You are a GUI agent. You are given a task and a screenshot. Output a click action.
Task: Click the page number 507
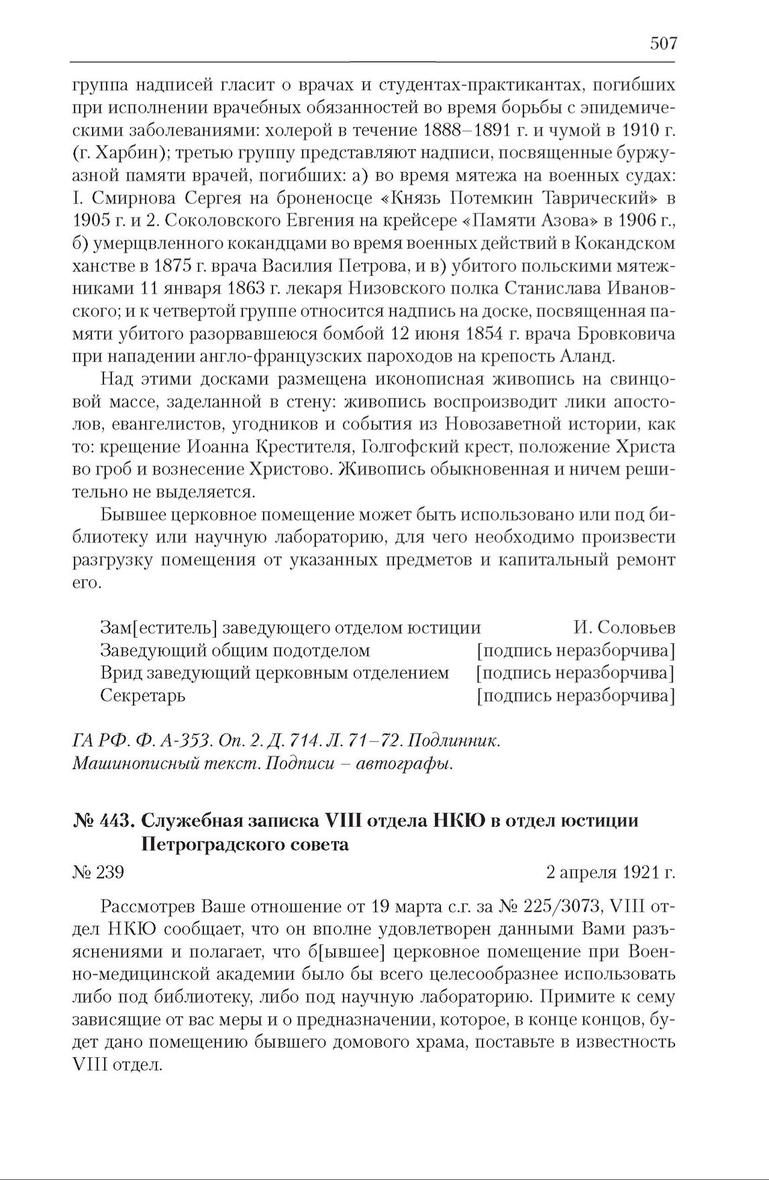tap(663, 44)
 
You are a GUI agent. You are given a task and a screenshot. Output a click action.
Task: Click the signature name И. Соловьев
tap(624, 628)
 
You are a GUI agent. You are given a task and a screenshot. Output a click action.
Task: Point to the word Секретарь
tap(143, 695)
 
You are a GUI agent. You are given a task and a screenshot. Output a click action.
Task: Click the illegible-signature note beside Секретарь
tap(575, 695)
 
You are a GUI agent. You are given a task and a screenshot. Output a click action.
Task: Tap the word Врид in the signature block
tap(119, 673)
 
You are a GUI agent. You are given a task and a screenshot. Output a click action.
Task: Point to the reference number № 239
tap(98, 873)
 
